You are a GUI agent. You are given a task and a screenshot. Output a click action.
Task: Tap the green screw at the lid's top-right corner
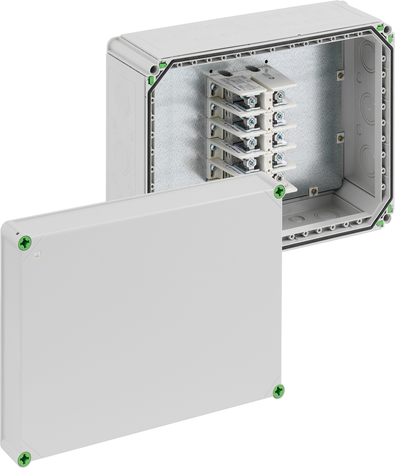[x=279, y=193]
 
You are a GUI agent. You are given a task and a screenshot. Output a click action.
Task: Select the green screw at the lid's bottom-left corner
[x=25, y=458]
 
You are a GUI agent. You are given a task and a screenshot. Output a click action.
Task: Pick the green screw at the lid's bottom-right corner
[x=278, y=391]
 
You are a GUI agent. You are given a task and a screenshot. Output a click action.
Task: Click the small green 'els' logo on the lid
[x=38, y=256]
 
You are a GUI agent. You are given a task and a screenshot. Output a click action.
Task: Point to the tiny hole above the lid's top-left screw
[x=17, y=233]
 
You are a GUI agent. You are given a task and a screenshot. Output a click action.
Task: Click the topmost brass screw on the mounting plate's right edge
[x=339, y=73]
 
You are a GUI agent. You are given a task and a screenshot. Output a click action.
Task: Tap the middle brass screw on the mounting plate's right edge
[x=340, y=136]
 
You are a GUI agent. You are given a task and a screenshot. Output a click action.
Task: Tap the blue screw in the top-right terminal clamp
[x=279, y=96]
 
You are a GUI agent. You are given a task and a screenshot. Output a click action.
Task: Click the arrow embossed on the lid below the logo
[x=28, y=277]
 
